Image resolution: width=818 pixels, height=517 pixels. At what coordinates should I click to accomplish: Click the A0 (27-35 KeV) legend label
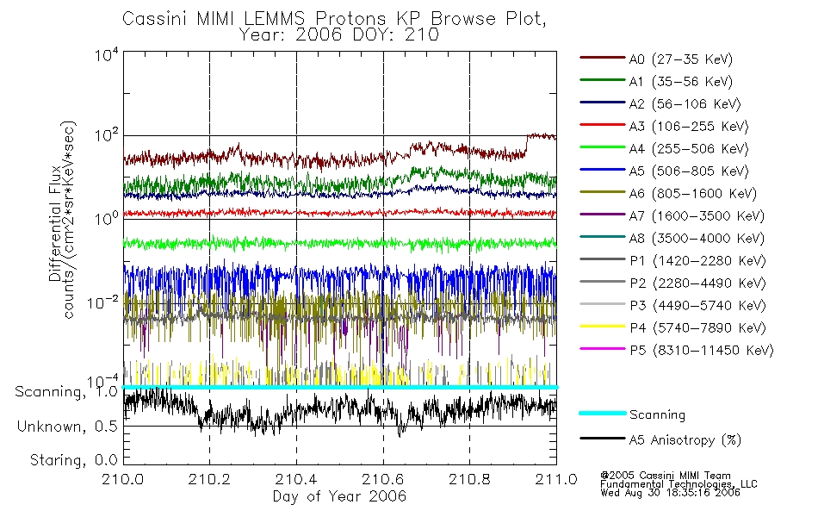click(x=680, y=59)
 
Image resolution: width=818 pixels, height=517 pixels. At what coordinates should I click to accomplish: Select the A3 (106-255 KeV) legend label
click(x=689, y=127)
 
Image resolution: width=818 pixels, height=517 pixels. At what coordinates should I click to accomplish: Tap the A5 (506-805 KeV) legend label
click(x=689, y=171)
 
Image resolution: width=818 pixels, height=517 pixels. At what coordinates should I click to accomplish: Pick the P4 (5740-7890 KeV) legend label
click(x=698, y=328)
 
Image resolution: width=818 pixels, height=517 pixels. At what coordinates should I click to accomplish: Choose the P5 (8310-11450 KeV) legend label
click(x=702, y=351)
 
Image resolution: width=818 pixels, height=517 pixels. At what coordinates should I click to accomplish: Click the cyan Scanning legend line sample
click(x=603, y=414)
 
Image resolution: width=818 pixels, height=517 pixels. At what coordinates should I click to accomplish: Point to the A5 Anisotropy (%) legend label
click(x=685, y=440)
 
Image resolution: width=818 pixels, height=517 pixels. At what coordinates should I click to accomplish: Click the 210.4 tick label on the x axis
click(x=296, y=479)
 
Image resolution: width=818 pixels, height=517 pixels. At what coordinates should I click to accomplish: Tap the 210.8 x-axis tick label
click(x=469, y=479)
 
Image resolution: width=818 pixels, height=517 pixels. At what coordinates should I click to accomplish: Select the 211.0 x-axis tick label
click(x=556, y=479)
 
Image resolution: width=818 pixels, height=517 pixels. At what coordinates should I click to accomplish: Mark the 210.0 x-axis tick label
click(x=123, y=479)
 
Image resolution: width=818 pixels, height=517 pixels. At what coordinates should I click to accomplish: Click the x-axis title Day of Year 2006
click(x=339, y=496)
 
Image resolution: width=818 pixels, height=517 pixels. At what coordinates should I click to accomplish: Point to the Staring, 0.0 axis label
click(x=74, y=460)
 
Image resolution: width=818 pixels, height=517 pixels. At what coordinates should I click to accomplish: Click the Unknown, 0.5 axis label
click(x=68, y=427)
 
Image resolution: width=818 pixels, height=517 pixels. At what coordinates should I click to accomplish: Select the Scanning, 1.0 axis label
click(x=67, y=392)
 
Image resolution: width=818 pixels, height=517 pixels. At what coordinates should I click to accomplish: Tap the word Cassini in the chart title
click(x=156, y=19)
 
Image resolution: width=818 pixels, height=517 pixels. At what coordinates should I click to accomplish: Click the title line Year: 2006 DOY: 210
click(x=339, y=34)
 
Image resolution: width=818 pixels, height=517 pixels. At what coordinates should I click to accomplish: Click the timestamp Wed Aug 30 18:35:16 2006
click(x=671, y=493)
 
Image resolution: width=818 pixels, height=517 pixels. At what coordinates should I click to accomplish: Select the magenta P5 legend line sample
click(x=603, y=349)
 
